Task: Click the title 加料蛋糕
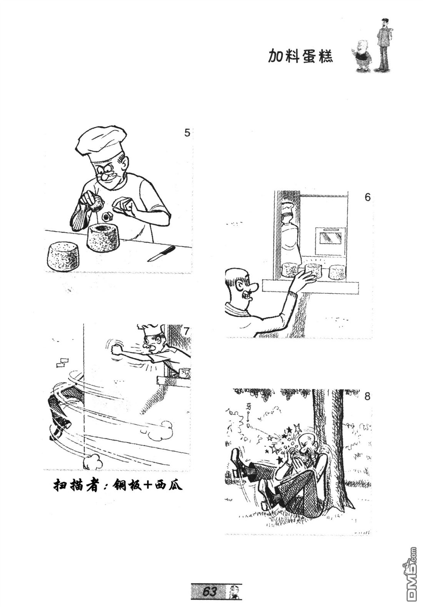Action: (300, 56)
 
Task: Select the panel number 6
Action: (367, 197)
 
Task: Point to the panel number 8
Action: (367, 396)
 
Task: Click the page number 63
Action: (210, 591)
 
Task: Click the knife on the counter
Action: (161, 253)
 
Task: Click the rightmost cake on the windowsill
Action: (337, 272)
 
